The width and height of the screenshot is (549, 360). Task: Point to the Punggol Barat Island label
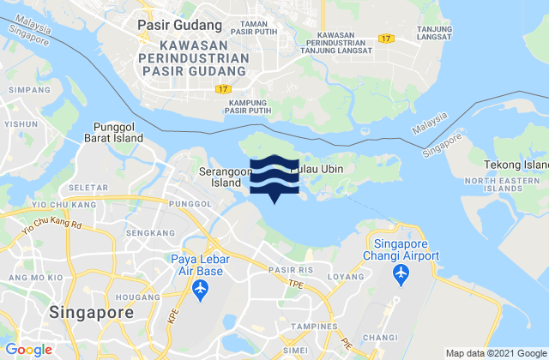113,135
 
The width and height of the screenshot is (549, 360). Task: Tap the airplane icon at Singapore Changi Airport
400,273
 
